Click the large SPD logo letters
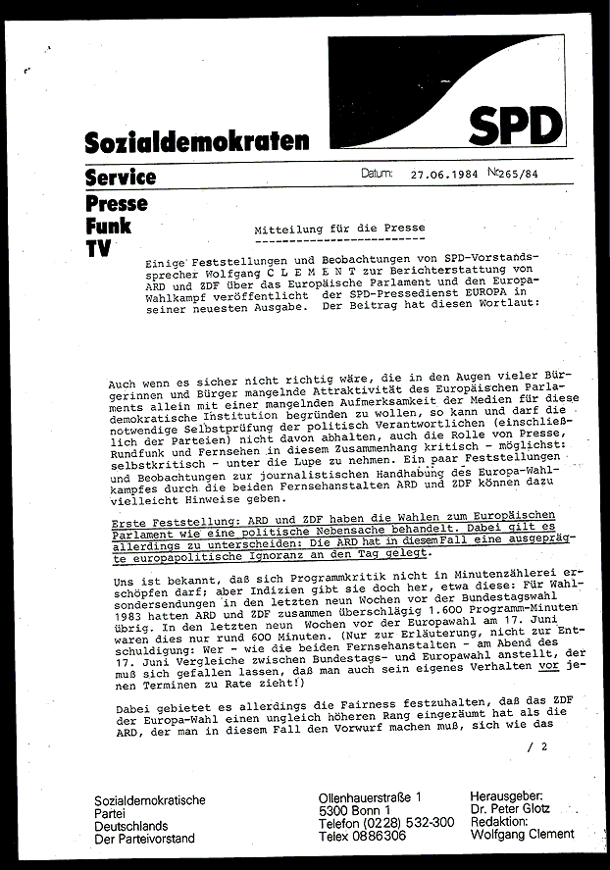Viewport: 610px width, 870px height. coord(515,126)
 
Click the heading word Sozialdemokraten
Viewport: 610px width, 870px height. coord(197,142)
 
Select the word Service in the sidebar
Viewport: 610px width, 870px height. coord(120,178)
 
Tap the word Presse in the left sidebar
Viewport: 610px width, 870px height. coord(116,204)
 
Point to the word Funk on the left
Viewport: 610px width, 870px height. coord(108,227)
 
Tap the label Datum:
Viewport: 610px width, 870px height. coord(377,176)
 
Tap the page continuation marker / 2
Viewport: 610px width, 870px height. coord(537,747)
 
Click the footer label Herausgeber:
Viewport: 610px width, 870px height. coord(510,795)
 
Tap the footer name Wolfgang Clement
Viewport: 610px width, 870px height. coord(522,835)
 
